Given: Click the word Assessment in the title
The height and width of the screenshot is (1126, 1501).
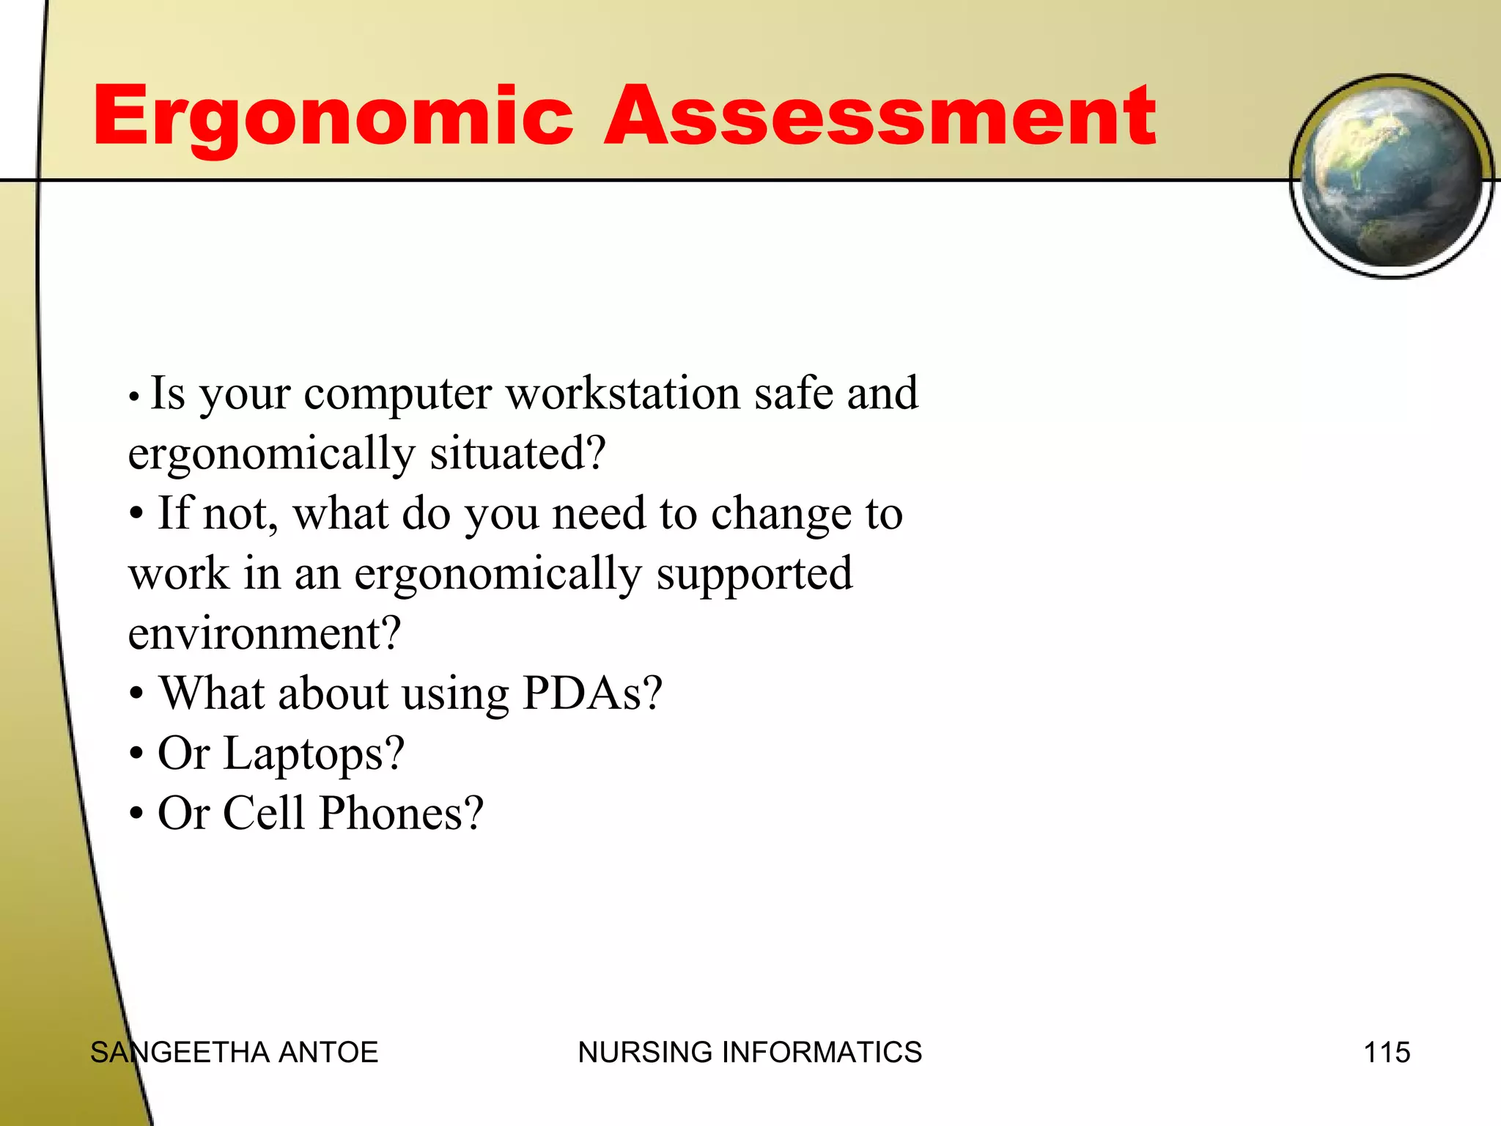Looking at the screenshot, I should [879, 116].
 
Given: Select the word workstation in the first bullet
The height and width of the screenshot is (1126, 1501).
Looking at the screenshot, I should [623, 393].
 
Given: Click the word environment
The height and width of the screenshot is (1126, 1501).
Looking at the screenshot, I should [264, 634].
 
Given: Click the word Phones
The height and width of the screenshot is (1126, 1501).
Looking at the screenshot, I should [402, 814].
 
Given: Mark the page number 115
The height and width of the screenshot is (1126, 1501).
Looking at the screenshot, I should [1387, 1053].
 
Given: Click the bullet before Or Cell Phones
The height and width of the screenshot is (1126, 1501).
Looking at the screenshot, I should [136, 814].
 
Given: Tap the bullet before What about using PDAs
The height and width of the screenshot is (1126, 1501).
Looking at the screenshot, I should [136, 694].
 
